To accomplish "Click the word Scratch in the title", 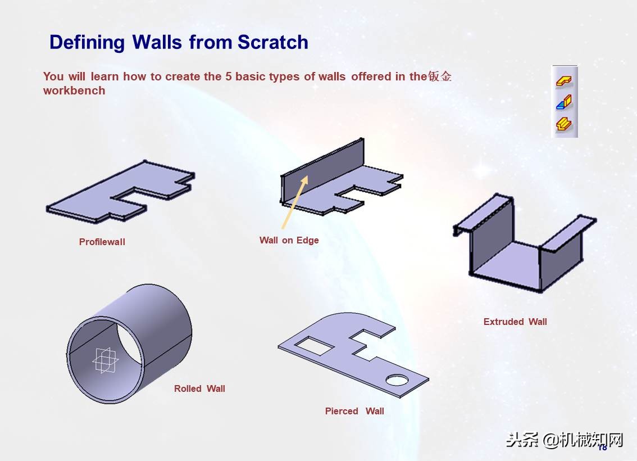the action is (272, 42).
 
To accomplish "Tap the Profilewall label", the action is (102, 242).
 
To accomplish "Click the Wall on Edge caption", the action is (289, 240).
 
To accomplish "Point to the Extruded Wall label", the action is (515, 322).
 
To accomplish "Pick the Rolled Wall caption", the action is (199, 388).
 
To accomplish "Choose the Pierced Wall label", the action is (354, 411).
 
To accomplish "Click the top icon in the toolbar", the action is (565, 81).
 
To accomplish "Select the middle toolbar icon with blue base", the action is (565, 102).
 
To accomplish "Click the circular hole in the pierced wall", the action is (397, 380).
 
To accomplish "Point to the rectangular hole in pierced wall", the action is (315, 346).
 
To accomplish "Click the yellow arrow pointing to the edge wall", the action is (295, 202).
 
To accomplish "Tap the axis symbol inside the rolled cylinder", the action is (105, 360).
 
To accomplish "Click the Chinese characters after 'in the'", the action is (440, 76).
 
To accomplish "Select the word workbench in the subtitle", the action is (74, 91).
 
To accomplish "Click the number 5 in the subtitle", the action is (228, 76).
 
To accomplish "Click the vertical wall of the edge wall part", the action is (321, 171).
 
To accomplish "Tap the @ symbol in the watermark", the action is (550, 440).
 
